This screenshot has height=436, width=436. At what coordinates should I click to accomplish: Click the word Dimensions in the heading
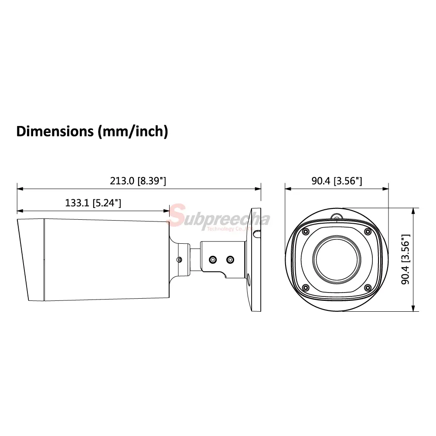pos(55,131)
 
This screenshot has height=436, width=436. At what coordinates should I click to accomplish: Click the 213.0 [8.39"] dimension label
pos(138,181)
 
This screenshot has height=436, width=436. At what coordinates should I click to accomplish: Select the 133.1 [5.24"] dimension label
pos(93,203)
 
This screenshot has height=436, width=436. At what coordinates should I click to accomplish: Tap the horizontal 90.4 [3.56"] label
pos(337,181)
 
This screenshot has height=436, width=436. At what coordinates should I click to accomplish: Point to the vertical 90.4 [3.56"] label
pos(405,259)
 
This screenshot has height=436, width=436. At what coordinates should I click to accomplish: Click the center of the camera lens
pos(337,259)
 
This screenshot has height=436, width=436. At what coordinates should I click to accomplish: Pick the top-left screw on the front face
pos(306,232)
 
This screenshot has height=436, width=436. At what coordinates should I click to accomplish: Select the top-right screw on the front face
pos(368,232)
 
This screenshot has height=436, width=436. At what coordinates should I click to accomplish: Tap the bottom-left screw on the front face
pos(306,287)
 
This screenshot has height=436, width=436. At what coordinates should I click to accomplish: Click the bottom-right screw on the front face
pos(368,287)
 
